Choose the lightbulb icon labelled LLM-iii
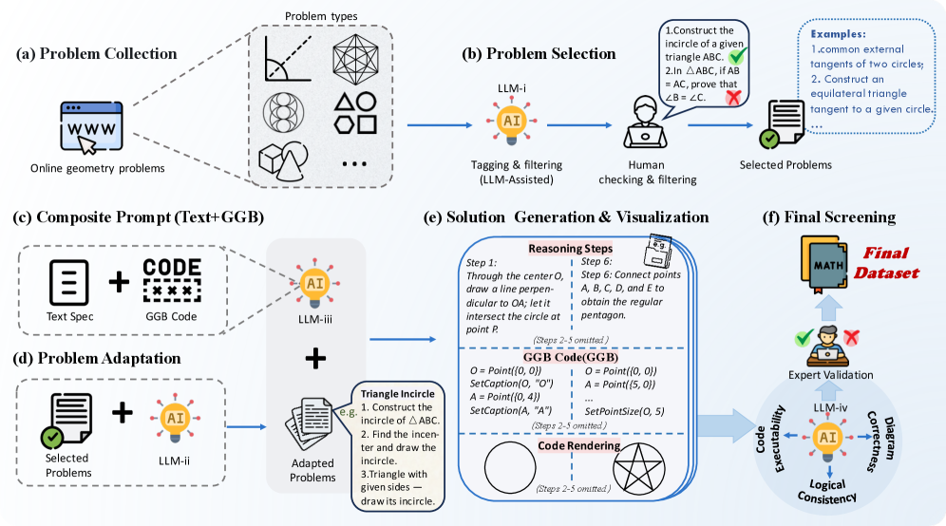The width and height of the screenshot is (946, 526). [x=314, y=283]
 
